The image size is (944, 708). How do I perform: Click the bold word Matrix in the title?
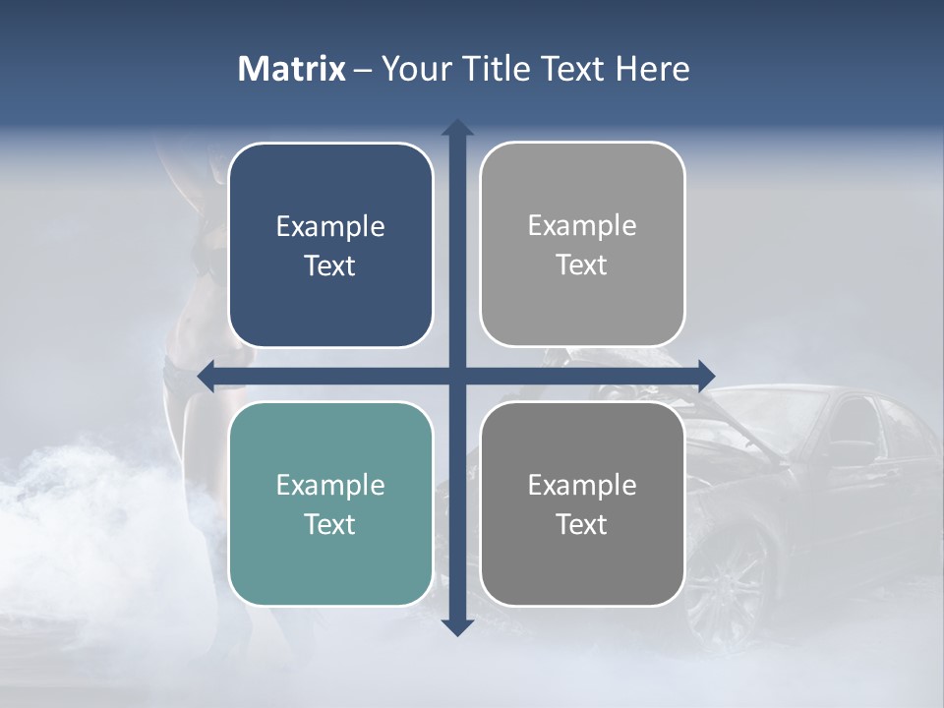292,69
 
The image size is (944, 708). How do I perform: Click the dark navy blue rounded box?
330,245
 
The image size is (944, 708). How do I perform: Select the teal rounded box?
330,503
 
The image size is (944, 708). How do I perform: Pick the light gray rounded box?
582,244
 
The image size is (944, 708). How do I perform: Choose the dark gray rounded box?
582,503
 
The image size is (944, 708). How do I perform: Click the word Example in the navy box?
330,227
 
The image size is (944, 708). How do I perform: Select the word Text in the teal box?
330,524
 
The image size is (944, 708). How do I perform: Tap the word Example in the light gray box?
582,226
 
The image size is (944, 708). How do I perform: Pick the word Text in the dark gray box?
582,524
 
